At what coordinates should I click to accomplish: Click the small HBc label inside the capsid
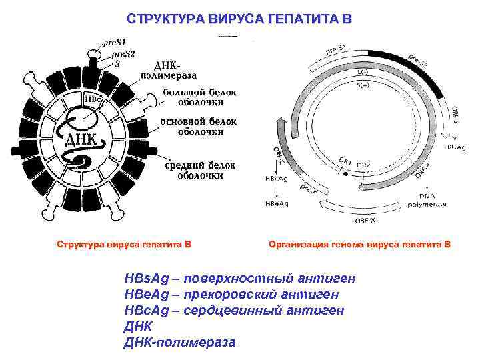point(93,100)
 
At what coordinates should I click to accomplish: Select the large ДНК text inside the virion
point(80,140)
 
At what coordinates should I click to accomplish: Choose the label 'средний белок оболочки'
point(199,170)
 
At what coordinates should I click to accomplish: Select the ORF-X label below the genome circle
point(365,219)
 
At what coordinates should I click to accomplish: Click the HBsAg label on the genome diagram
point(455,145)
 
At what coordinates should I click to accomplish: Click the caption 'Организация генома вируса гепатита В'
point(359,245)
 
